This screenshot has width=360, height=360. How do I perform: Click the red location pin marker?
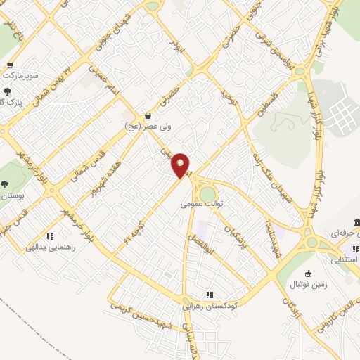point(181,165)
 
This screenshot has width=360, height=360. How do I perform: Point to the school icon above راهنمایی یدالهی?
point(49,236)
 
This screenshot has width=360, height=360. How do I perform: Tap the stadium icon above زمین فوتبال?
point(308,274)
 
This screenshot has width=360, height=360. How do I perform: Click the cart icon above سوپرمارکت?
point(10,63)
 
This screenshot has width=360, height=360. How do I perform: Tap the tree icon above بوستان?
point(5,184)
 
